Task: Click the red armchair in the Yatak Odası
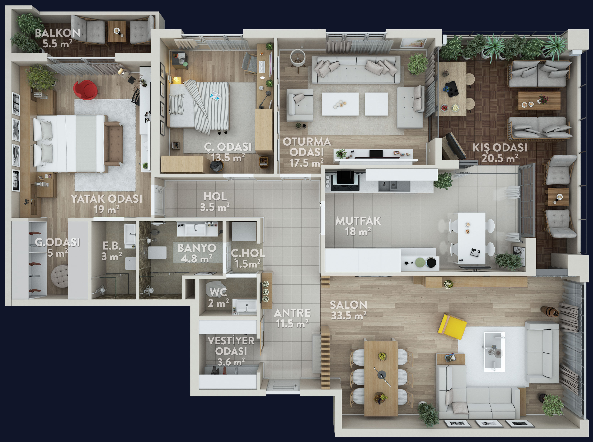point(85,90)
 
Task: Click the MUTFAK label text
point(358,221)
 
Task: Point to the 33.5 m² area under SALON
point(349,316)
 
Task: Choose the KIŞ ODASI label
point(500,147)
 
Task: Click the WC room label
point(218,292)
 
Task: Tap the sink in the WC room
point(245,305)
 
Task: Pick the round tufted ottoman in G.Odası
point(60,276)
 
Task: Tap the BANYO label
point(197,248)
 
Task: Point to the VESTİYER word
point(231,341)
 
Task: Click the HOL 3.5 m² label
point(215,201)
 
